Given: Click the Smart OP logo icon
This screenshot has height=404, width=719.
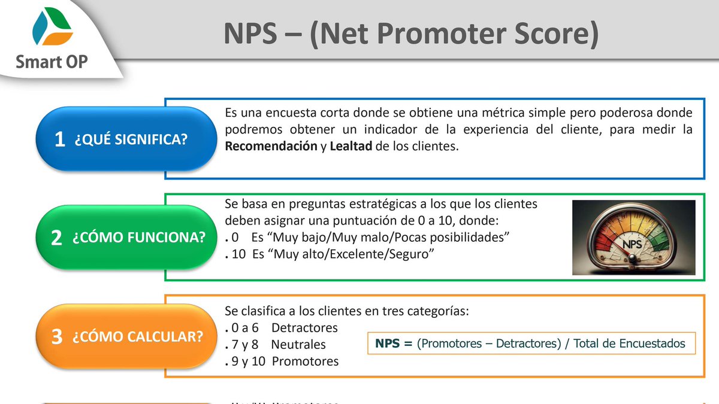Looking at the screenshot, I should tap(53, 29).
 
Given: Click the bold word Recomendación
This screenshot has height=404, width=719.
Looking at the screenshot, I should tap(271, 147).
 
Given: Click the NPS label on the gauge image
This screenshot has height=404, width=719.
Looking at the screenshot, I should tap(633, 245).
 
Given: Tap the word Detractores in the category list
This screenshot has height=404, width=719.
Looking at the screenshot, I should tap(304, 328).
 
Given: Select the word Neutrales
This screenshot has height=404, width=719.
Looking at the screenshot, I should tap(298, 345).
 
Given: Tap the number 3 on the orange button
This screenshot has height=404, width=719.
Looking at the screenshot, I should tap(57, 336).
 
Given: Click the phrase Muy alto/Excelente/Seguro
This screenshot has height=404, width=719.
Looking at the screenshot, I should tap(354, 254).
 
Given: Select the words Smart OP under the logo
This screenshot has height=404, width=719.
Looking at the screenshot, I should tap(53, 61).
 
